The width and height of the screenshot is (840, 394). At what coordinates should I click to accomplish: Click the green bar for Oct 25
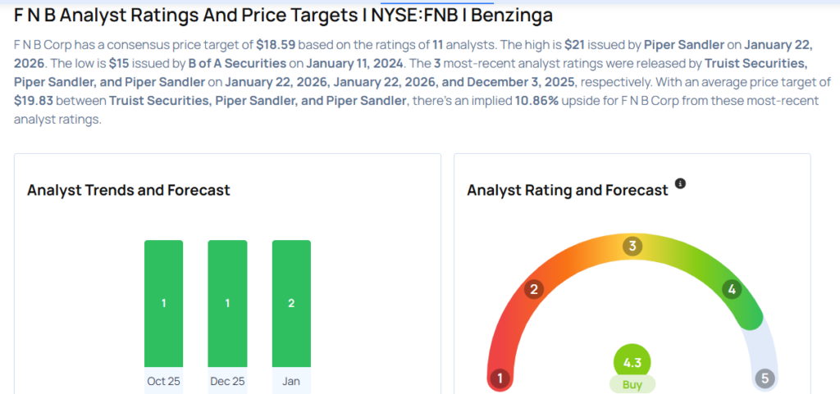tap(163, 303)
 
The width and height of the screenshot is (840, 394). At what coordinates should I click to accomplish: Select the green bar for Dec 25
tap(227, 303)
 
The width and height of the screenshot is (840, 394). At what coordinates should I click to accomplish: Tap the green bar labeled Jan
tap(291, 303)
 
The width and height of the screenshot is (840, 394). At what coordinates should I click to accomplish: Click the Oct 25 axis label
tap(163, 381)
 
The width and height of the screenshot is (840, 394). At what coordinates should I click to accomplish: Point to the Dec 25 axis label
tap(227, 381)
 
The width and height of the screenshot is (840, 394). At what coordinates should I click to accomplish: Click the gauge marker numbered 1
tap(500, 378)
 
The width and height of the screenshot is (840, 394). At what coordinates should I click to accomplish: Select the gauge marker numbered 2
tap(533, 288)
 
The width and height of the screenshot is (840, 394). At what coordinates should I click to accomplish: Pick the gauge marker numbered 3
tap(632, 246)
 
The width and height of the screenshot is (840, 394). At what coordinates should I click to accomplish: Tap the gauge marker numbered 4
tap(732, 288)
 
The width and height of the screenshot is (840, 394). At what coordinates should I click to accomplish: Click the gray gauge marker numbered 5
tap(765, 378)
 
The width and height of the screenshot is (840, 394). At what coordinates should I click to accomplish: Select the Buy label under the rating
tap(632, 383)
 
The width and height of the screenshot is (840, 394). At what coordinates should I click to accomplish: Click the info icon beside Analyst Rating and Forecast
tap(679, 183)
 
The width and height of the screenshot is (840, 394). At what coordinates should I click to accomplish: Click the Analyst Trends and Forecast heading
tap(129, 190)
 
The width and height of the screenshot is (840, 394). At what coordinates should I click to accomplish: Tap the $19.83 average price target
tap(39, 101)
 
